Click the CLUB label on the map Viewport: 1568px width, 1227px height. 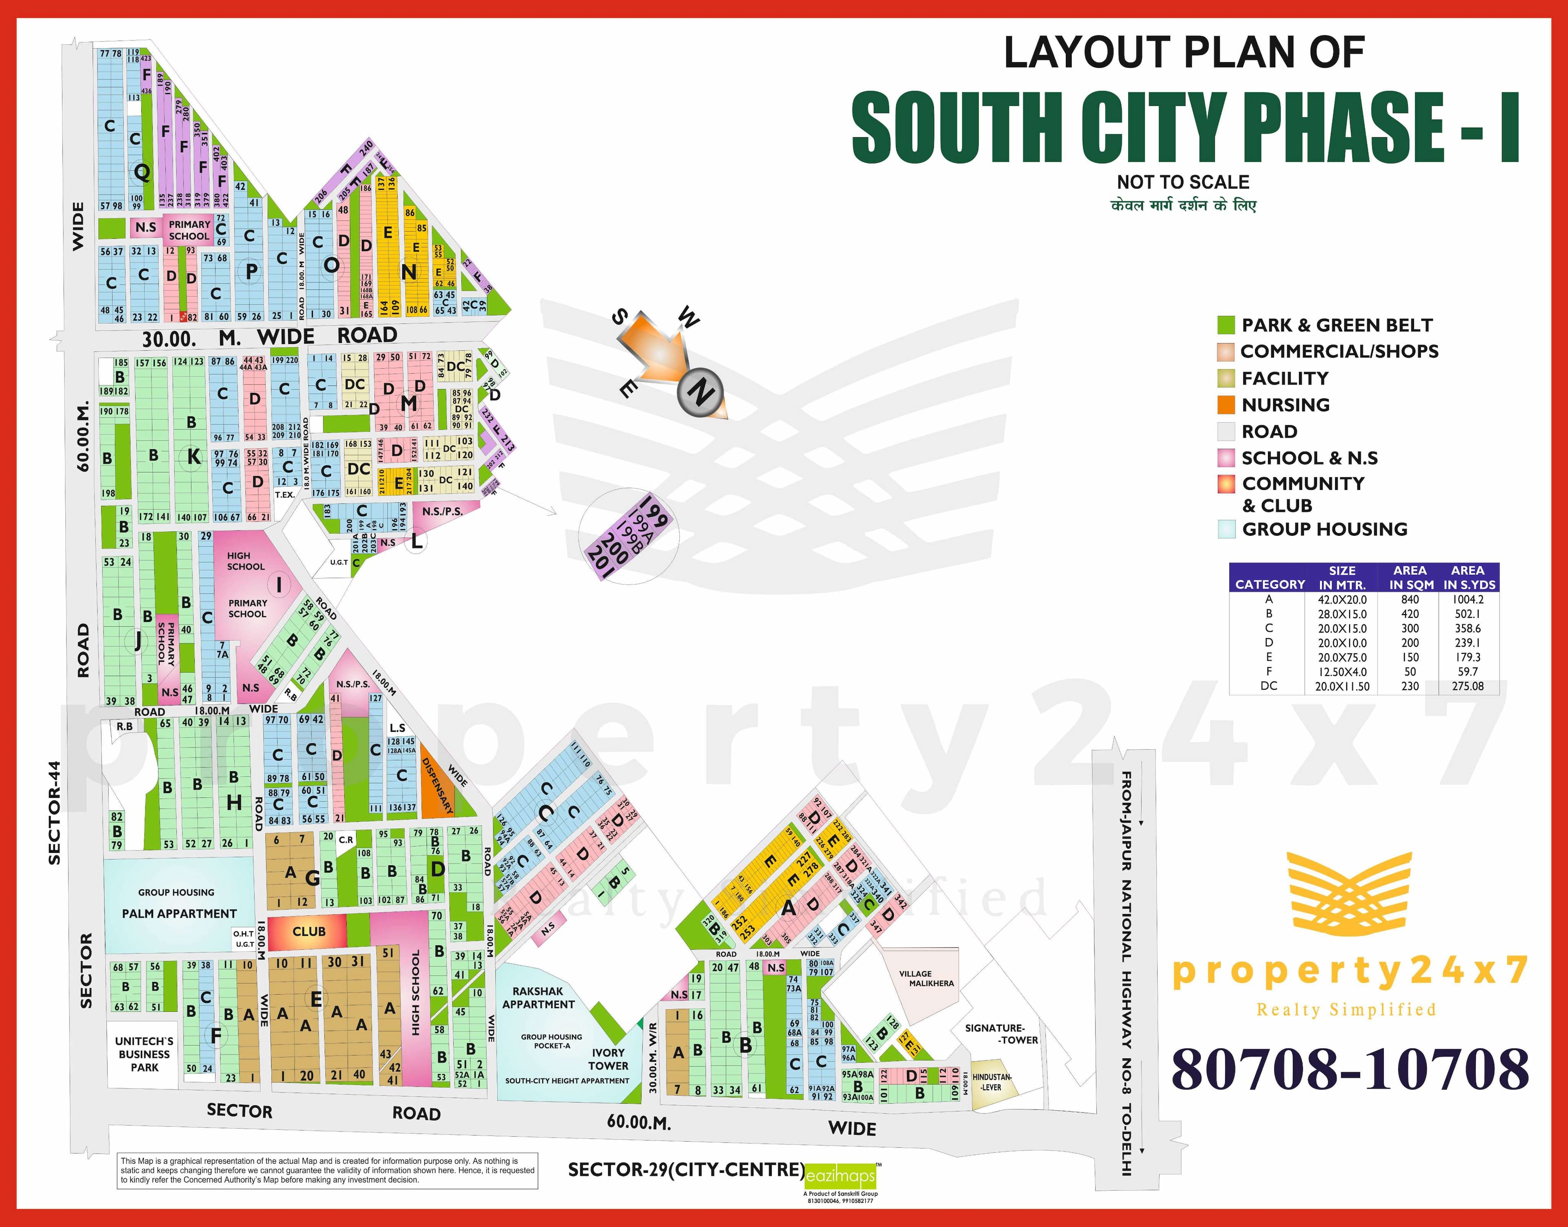(309, 931)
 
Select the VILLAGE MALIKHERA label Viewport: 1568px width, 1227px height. (931, 978)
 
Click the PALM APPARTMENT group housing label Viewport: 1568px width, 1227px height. (179, 913)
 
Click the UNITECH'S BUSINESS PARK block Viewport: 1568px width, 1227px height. (145, 1054)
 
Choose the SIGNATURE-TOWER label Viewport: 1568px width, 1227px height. (1000, 1034)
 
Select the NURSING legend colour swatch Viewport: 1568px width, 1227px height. (1225, 405)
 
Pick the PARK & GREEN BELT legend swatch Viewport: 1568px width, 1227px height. (1225, 325)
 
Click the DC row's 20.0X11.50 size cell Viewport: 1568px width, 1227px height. (1342, 686)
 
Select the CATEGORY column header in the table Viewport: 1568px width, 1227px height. (1269, 584)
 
